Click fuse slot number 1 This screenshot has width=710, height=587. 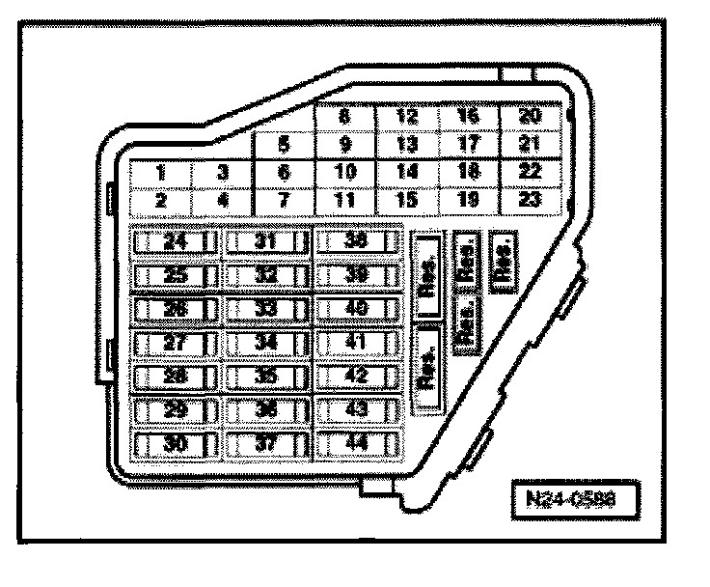point(160,174)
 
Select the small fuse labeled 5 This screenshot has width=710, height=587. point(284,146)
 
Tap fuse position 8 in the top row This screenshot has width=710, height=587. point(344,118)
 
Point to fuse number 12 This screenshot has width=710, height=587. point(406,118)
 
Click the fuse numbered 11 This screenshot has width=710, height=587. point(344,201)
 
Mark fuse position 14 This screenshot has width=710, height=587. point(406,173)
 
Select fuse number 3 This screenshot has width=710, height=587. point(222,174)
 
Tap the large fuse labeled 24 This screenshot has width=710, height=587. point(174,241)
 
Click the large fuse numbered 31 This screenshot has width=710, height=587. point(266,241)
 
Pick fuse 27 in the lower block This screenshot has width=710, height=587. point(174,343)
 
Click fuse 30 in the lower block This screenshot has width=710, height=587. point(174,444)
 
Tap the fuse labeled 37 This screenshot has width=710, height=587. point(266,444)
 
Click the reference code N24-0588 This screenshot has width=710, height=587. point(574,503)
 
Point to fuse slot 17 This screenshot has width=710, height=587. point(469,146)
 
